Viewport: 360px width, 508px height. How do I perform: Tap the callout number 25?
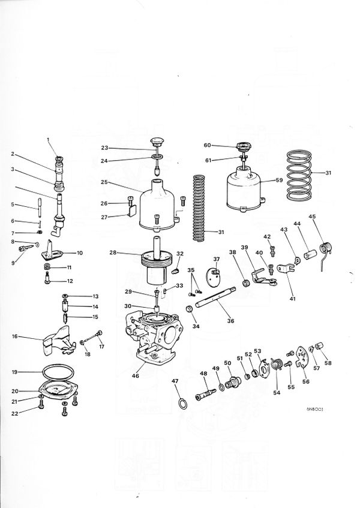(103, 181)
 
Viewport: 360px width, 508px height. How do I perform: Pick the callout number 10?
(80, 253)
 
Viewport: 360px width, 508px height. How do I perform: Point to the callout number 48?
(202, 374)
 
